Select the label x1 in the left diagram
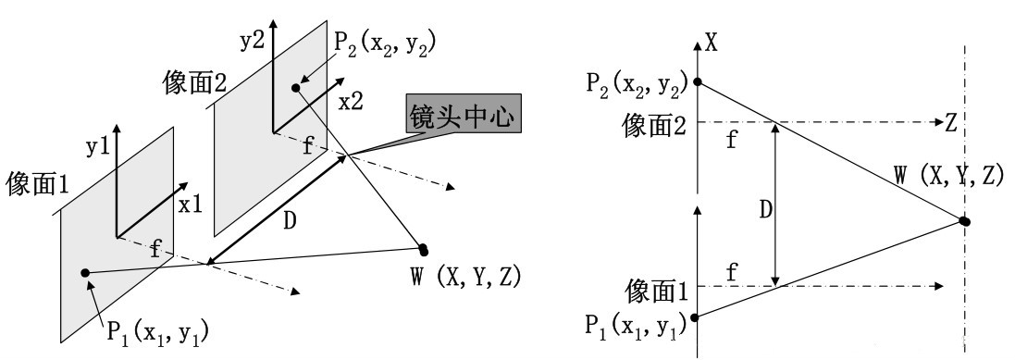click(x=190, y=205)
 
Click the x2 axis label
click(x=350, y=104)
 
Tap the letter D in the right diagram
click(x=765, y=209)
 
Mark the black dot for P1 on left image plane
click(x=85, y=272)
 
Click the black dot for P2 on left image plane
click(x=296, y=88)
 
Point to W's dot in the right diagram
click(x=964, y=221)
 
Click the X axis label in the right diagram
click(x=712, y=41)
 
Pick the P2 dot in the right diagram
click(x=699, y=81)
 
